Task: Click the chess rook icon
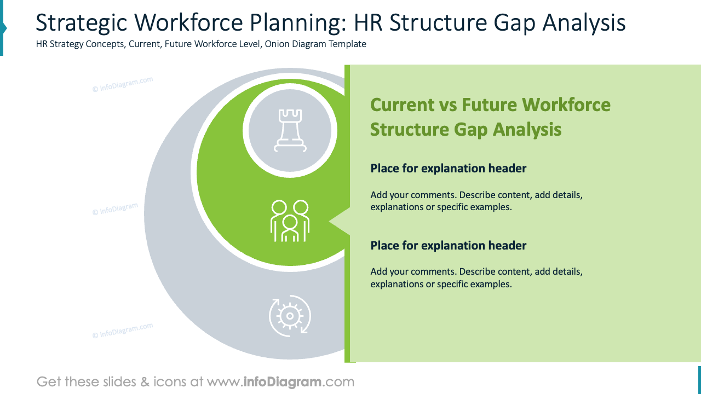[290, 130]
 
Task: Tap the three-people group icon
[290, 221]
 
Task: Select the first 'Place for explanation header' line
[448, 169]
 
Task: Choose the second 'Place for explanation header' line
[448, 246]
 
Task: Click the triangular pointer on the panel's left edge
[340, 221]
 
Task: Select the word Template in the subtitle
[347, 44]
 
